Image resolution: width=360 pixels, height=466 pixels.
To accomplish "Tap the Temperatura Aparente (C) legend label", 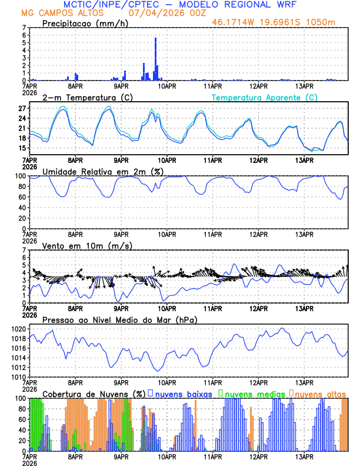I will pyautogui.click(x=264, y=97).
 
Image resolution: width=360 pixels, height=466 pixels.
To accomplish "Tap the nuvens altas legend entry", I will pyautogui.click(x=321, y=393).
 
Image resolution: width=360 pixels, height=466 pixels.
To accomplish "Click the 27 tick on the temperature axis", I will pyautogui.click(x=22, y=109).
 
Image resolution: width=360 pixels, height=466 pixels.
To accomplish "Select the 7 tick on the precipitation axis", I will pyautogui.click(x=24, y=28).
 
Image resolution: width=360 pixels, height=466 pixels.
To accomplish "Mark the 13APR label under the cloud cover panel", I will pyautogui.click(x=304, y=456).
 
